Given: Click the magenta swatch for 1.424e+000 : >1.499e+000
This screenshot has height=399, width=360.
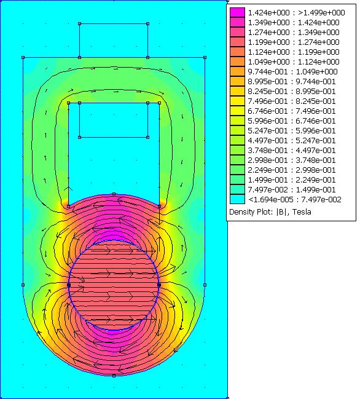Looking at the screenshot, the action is (x=237, y=12).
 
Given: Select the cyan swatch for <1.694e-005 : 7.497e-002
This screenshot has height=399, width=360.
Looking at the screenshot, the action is (x=237, y=199).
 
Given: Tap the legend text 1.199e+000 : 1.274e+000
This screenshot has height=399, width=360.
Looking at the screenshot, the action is (x=294, y=42).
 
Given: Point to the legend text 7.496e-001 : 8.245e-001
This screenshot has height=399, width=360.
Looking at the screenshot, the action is (x=292, y=101).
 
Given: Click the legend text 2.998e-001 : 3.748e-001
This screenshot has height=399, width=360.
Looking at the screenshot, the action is (x=292, y=160).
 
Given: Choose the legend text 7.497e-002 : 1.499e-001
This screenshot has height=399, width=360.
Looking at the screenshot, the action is (x=292, y=189).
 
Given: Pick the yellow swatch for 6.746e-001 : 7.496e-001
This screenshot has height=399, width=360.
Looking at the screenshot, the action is (x=237, y=111).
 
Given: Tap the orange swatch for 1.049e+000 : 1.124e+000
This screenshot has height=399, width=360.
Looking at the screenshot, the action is (x=237, y=61).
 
